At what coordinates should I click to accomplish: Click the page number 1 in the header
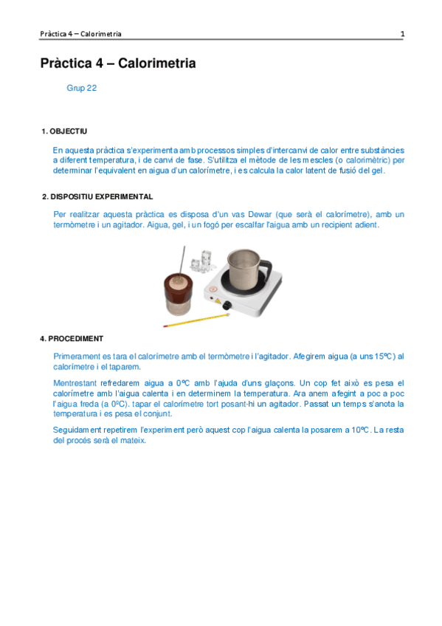click(x=402, y=34)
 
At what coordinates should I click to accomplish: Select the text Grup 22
click(x=81, y=88)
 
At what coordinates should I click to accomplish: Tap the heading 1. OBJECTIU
click(x=64, y=131)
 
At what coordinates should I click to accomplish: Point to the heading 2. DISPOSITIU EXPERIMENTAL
click(x=97, y=196)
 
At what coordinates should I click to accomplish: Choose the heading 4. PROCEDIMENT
click(x=71, y=339)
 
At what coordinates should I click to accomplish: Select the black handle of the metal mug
click(x=269, y=265)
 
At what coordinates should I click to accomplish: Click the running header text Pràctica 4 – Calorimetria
click(x=81, y=34)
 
